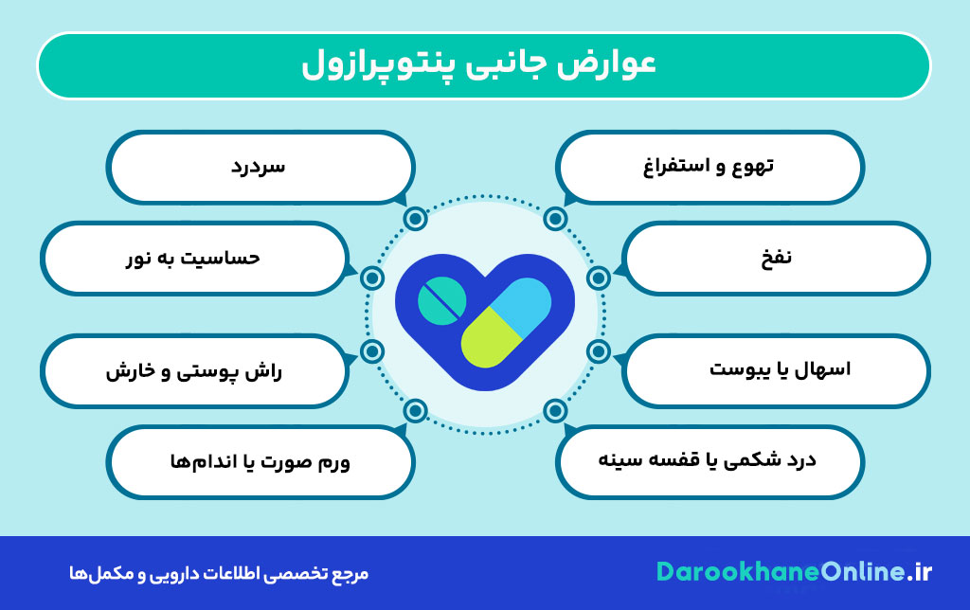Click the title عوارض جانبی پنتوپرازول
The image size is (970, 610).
pos(484,65)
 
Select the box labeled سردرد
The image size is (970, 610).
pos(260,167)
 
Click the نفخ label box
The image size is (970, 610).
pos(777,258)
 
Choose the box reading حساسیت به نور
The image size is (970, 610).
pos(193,258)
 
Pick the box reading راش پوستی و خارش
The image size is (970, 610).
pos(193,369)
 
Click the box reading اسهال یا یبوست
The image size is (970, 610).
pos(777,369)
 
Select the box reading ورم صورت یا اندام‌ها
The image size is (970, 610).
pos(260,462)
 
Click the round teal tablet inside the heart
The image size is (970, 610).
pos(441,302)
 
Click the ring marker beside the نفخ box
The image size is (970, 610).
pos(598,278)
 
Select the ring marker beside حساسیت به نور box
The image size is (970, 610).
pos(372,278)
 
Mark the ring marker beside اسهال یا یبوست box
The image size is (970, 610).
pos(598,352)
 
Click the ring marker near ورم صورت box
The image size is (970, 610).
pos(414,411)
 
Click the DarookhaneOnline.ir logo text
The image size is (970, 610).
pos(794,572)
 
